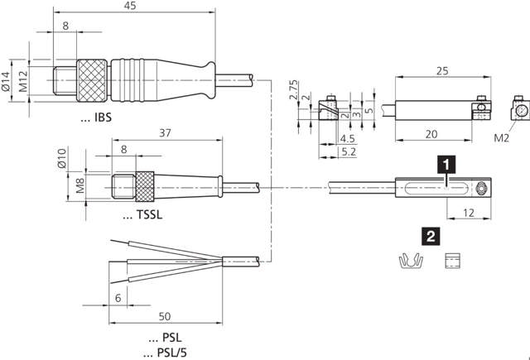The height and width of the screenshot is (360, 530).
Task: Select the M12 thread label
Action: (23, 80)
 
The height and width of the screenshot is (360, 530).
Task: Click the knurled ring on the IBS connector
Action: (92, 79)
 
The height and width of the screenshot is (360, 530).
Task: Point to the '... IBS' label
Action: (95, 118)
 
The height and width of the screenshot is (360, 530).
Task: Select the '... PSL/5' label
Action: (169, 353)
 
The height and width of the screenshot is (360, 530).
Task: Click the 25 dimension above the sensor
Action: (442, 71)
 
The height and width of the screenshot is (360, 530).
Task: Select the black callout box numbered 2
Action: (431, 235)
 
